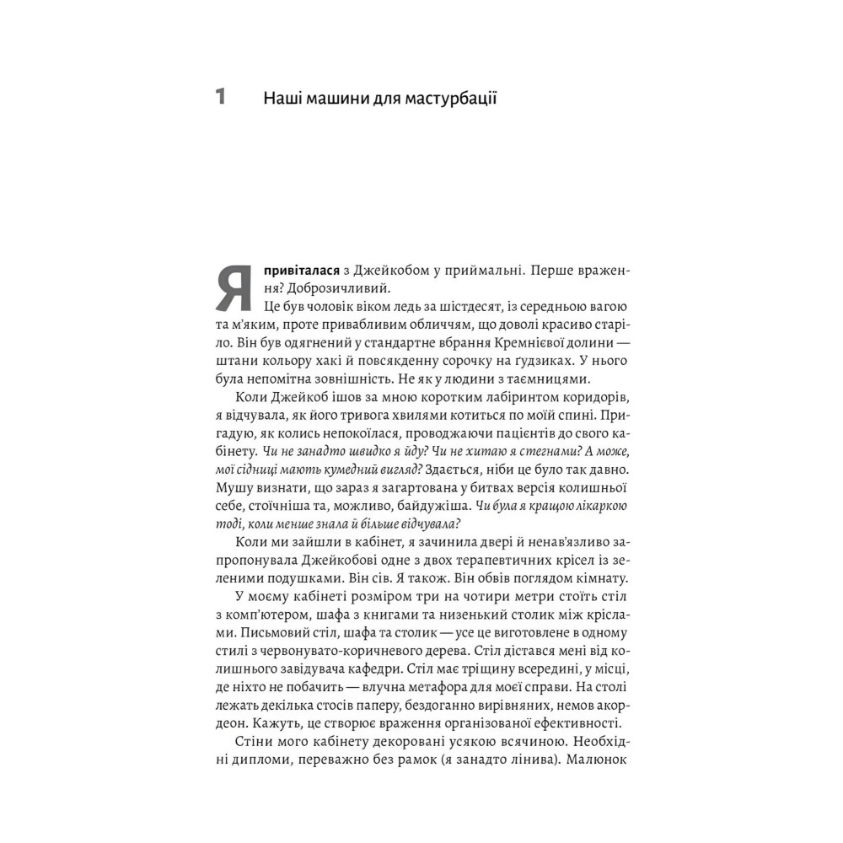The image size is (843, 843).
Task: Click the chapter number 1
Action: pyautogui.click(x=221, y=96)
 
